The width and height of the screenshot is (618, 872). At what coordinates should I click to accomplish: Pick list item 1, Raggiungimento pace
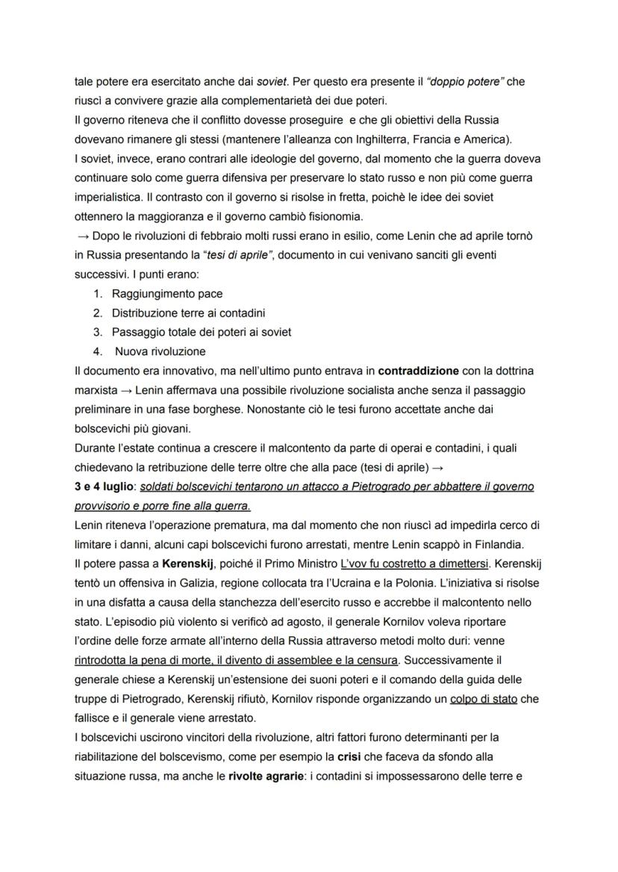(166, 293)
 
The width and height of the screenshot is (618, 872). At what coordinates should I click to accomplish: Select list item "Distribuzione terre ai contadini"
(188, 313)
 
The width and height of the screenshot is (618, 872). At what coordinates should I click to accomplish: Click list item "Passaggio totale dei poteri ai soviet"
(201, 332)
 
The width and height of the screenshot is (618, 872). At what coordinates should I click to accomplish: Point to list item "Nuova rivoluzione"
(160, 351)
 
